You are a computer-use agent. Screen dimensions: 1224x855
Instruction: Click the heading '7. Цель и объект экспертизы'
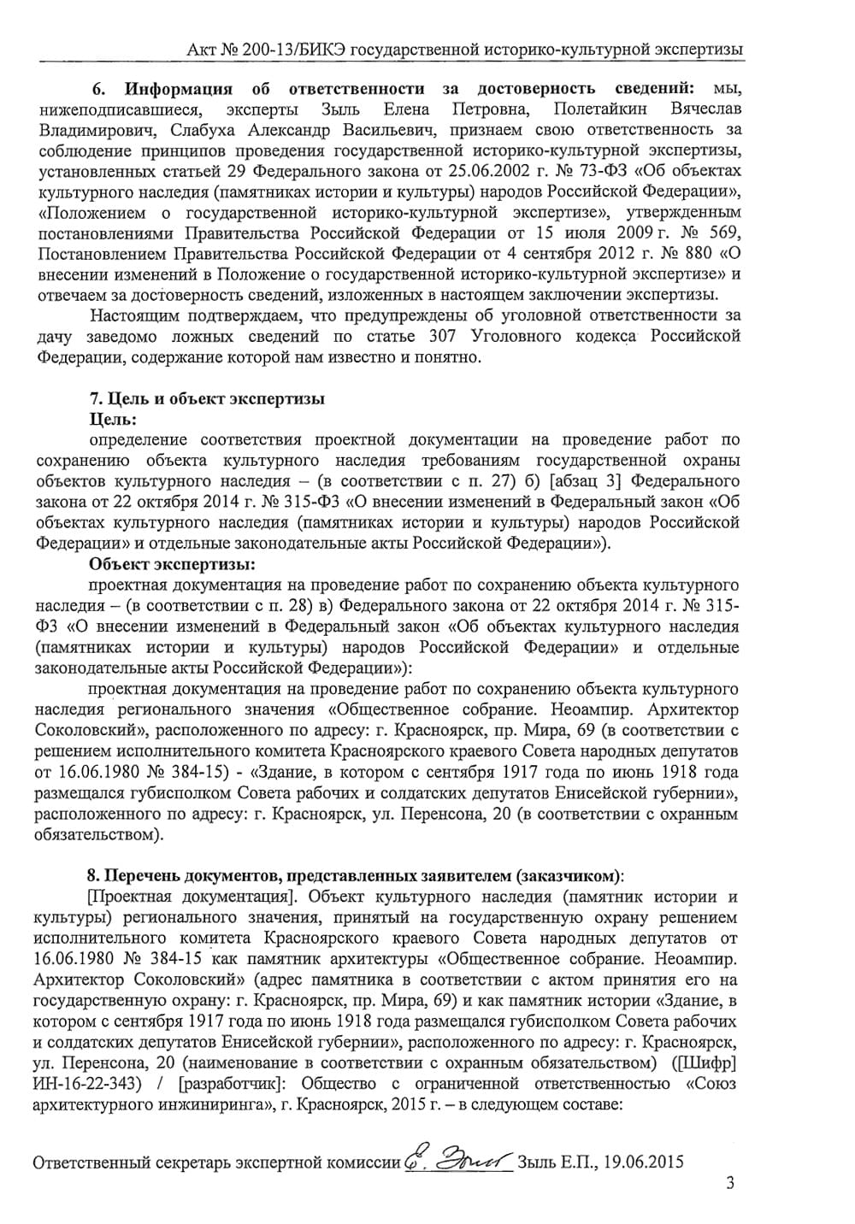click(207, 398)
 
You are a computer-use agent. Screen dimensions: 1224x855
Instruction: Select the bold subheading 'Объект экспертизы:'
click(172, 564)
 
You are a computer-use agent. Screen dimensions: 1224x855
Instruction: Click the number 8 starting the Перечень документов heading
click(91, 876)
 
